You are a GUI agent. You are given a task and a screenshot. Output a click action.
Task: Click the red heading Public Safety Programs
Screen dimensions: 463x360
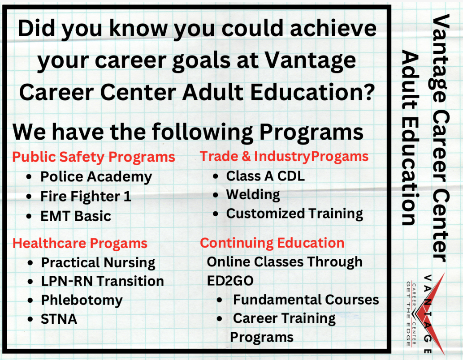point(94,157)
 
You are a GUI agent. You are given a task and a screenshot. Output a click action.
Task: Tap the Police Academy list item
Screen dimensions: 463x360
point(96,177)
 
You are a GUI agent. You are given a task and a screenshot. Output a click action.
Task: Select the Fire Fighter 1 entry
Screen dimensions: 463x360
point(86,197)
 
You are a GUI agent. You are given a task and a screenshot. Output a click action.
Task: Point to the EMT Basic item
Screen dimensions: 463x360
point(76,216)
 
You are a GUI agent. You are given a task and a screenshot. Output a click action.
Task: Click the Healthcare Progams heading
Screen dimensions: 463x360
point(80,244)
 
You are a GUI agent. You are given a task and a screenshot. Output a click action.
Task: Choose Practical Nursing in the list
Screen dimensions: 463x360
point(98,263)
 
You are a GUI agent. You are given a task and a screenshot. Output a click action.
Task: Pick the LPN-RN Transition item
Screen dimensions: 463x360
point(103,281)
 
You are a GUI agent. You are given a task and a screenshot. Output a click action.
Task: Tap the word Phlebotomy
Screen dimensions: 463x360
point(82,300)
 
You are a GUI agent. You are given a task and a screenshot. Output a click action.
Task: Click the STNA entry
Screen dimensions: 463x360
point(59,319)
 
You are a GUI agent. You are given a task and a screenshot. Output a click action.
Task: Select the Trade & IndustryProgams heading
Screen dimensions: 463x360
point(284,156)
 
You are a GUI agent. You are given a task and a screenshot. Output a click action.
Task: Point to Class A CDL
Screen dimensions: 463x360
point(265,176)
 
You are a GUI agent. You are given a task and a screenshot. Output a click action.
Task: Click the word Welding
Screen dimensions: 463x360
point(253,195)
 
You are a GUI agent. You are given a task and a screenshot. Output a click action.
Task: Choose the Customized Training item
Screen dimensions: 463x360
point(294,214)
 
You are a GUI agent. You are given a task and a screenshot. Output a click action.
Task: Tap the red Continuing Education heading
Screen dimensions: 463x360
point(272,243)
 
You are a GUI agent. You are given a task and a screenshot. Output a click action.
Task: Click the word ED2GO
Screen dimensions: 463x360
point(230,281)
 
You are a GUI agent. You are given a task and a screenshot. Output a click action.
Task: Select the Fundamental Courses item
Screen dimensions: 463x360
point(306,300)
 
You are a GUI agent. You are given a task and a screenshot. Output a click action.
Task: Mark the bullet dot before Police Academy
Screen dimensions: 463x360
point(29,177)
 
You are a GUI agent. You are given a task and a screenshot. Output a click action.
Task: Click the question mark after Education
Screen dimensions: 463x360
point(368,92)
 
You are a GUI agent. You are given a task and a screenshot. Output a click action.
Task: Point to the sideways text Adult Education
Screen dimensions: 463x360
point(410,137)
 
